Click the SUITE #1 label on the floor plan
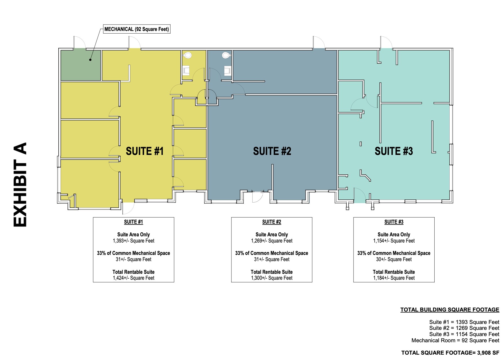pos(145,151)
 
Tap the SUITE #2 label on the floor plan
pos(272,151)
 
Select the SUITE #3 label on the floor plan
pos(394,151)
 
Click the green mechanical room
pos(81,65)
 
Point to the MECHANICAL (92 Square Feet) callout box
pos(137,29)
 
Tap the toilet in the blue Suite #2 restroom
pos(226,55)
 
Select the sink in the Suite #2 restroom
pos(227,70)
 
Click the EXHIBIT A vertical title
pos(20,185)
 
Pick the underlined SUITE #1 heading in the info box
pos(134,222)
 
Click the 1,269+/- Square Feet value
pos(272,241)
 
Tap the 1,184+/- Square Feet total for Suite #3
pos(394,278)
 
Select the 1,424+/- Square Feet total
pos(134,278)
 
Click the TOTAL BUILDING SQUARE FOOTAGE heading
pos(450,310)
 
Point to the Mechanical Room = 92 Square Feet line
pos(455,340)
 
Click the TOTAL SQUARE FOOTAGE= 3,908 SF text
pos(450,353)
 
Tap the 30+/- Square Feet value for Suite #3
pos(394,259)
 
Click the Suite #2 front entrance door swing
pos(257,197)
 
